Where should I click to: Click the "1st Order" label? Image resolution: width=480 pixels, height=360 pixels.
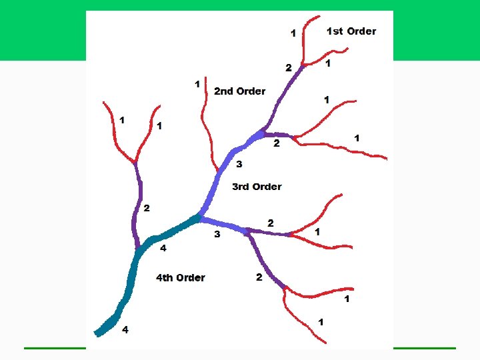351,31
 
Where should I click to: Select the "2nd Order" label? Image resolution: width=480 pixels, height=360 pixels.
239,91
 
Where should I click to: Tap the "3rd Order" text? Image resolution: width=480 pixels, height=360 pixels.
257,187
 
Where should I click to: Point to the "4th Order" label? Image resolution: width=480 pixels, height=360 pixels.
181,277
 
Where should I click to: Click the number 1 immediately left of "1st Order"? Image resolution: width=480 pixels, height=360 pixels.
292,32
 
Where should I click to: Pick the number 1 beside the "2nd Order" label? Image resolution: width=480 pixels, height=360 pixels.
197,84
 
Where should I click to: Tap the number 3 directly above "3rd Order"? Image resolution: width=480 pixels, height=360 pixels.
239,164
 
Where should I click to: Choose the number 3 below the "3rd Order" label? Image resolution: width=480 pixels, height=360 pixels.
217,235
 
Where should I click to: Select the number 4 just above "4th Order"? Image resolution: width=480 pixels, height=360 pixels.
163,249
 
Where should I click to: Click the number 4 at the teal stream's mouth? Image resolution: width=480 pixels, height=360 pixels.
125,330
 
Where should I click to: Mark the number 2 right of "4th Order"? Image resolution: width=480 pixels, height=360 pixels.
259,277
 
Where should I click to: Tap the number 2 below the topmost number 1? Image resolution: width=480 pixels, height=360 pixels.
288,67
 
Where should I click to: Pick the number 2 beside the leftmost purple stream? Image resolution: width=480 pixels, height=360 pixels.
147,209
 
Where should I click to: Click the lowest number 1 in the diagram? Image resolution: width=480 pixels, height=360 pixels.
321,322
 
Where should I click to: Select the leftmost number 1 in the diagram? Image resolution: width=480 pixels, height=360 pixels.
121,120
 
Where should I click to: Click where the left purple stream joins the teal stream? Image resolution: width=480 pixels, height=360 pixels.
138,248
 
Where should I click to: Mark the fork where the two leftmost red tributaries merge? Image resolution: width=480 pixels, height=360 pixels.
135,162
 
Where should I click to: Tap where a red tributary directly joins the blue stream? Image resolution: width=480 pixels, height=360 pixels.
217,171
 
